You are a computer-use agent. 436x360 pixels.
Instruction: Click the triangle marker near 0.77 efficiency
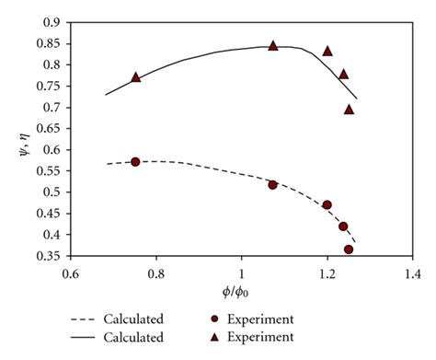click(136, 77)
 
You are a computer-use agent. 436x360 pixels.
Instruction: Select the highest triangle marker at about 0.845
click(273, 45)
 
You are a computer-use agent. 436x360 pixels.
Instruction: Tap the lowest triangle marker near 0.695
click(349, 110)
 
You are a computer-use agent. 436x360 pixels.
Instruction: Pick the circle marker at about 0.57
click(136, 162)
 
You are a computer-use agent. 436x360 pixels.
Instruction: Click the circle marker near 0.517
click(273, 185)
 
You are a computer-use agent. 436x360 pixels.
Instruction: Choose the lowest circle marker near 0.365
click(349, 250)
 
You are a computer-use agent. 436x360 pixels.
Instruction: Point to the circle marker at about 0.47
click(327, 205)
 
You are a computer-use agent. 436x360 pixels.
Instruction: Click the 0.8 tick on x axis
click(156, 273)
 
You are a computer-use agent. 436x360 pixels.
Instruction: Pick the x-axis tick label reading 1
click(242, 273)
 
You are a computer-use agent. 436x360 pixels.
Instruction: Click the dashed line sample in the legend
click(87, 319)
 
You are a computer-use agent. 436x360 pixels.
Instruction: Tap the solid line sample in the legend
click(87, 338)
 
